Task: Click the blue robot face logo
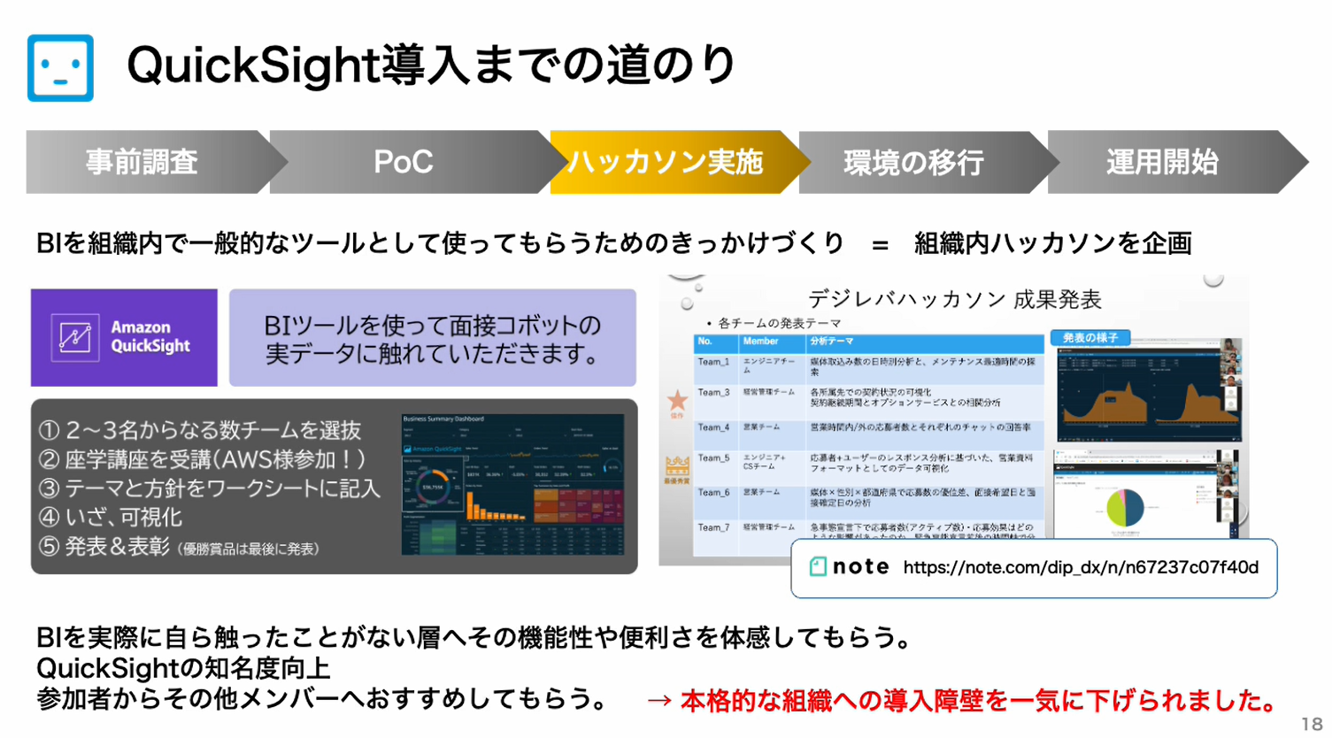click(x=60, y=67)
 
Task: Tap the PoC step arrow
click(x=404, y=162)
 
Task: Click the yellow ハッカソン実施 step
click(x=666, y=162)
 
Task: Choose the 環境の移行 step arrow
click(x=914, y=162)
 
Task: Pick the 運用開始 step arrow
click(x=1163, y=162)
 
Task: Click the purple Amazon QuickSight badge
click(x=124, y=337)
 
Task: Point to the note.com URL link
click(x=1081, y=567)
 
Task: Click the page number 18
click(x=1311, y=723)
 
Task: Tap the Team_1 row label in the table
click(x=713, y=362)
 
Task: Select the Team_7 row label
click(x=713, y=527)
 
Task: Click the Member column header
click(x=761, y=342)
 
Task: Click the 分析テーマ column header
click(x=832, y=342)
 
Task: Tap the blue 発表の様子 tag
click(x=1089, y=338)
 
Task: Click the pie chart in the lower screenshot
click(x=1125, y=508)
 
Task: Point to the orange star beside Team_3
click(x=677, y=401)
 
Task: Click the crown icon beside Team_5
click(x=677, y=465)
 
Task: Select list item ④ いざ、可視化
click(x=111, y=518)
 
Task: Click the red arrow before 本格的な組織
click(x=659, y=701)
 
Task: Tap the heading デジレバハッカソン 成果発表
click(x=954, y=299)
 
